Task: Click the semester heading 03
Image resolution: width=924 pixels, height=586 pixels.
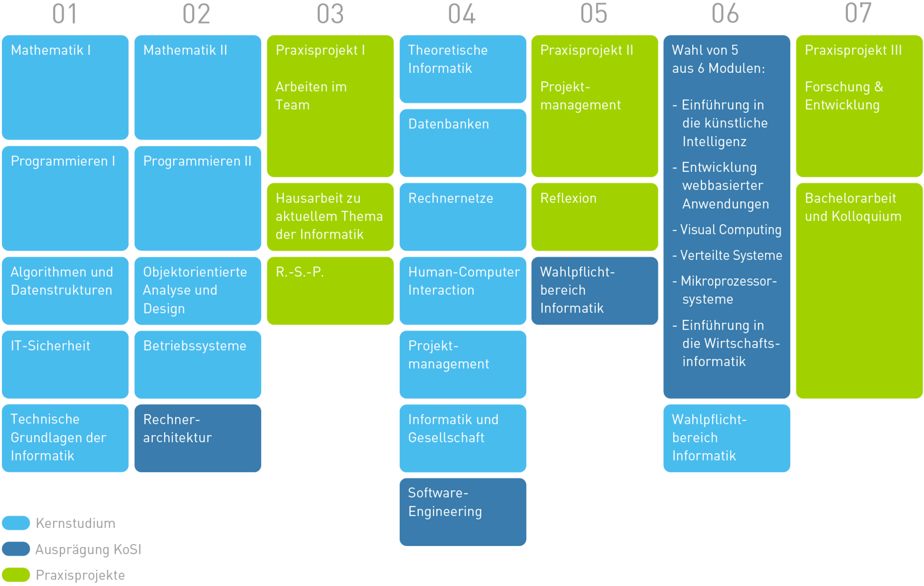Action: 330,14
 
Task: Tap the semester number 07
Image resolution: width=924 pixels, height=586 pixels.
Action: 858,13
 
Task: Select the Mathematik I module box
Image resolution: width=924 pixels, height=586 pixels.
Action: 65,87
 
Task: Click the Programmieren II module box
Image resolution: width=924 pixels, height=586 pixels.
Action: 197,198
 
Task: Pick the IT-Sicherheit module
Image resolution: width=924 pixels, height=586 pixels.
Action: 65,364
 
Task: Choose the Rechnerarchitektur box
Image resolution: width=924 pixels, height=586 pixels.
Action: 197,438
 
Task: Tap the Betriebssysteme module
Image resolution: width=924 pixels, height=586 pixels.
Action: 197,364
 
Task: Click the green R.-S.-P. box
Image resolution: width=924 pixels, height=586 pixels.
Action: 330,291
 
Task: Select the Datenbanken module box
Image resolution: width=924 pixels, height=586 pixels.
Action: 463,143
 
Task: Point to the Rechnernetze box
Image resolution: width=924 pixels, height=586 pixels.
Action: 463,216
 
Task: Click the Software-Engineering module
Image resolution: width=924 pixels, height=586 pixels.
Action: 463,512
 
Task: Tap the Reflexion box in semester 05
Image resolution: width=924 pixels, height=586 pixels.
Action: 595,216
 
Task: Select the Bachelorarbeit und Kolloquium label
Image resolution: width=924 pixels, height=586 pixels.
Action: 853,207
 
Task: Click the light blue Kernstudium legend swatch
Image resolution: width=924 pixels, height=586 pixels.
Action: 16,523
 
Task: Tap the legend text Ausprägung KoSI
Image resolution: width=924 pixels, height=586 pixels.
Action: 88,549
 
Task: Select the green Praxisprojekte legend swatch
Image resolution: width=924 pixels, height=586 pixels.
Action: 16,575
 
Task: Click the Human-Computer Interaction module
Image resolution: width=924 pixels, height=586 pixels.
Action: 463,291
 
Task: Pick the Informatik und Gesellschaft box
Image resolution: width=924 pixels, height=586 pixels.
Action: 463,438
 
